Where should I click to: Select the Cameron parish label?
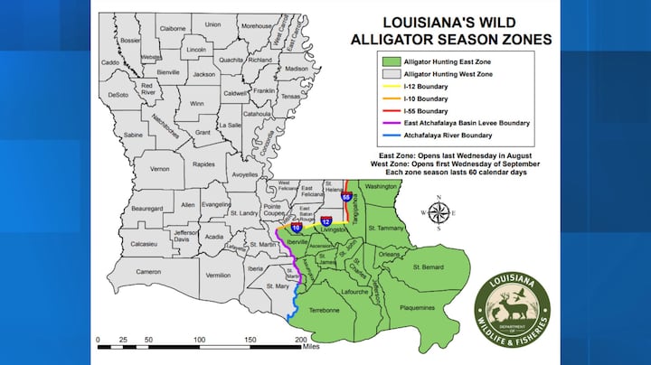[148, 271]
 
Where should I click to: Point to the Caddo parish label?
[110, 62]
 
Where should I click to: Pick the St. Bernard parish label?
[430, 267]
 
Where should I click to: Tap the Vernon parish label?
[160, 169]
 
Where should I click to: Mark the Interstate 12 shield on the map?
[325, 220]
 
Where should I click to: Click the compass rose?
[439, 214]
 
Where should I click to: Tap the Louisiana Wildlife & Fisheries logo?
[512, 305]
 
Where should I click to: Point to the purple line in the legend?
[387, 121]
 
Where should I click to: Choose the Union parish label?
[212, 24]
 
